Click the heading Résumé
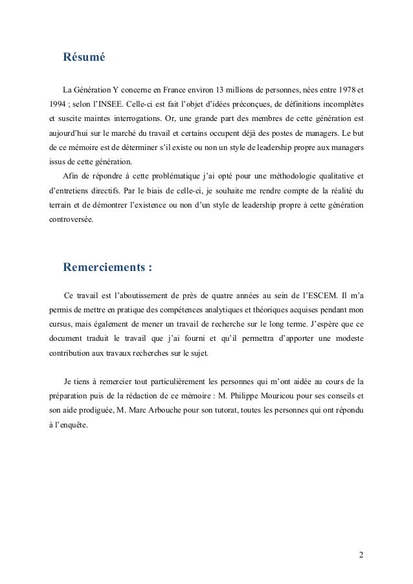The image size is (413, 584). coord(84,57)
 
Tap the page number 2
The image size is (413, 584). coord(361,556)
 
